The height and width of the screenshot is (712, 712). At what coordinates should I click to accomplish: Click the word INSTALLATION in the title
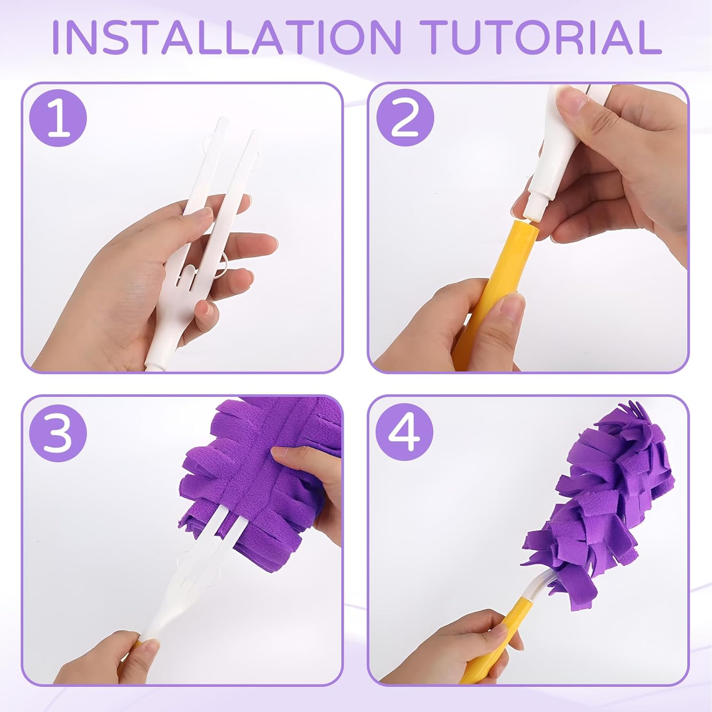tap(227, 37)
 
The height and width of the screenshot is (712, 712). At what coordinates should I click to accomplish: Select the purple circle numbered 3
tap(58, 434)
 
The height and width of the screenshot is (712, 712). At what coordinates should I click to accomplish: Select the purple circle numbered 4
tap(405, 434)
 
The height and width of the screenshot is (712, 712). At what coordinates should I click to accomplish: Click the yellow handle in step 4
tap(489, 641)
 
